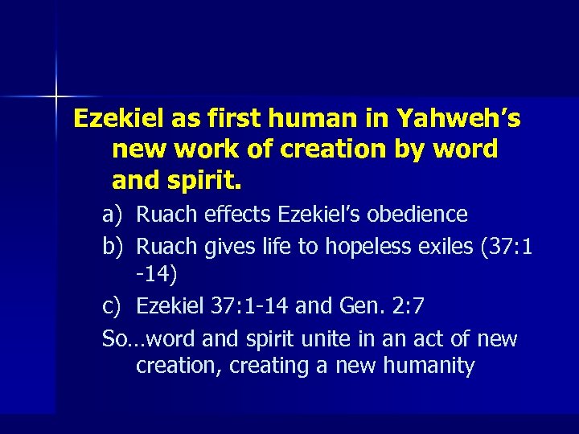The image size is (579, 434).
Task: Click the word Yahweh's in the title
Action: [458, 119]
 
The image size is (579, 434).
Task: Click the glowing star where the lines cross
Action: [56, 96]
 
